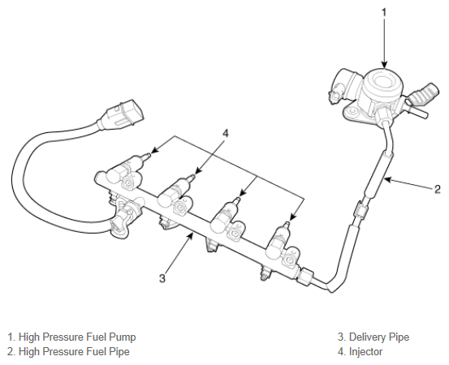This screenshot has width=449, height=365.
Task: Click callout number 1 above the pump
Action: click(x=384, y=13)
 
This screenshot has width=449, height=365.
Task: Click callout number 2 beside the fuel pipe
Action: click(x=438, y=189)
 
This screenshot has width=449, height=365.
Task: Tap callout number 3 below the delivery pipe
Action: click(x=162, y=277)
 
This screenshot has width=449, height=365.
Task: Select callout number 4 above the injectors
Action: click(x=226, y=133)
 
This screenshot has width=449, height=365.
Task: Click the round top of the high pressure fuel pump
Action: click(x=383, y=83)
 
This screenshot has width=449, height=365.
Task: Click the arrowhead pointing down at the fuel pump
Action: click(x=384, y=64)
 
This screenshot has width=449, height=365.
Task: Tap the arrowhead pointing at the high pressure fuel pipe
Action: click(x=388, y=180)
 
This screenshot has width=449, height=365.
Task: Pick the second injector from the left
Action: click(x=177, y=191)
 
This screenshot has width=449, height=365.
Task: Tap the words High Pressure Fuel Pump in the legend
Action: click(x=77, y=337)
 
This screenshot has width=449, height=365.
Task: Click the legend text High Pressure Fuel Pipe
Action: click(x=74, y=352)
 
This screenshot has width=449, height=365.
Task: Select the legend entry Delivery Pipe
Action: click(x=379, y=337)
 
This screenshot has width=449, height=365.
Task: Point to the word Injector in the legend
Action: click(x=365, y=352)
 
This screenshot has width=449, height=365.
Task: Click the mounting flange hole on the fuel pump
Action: click(x=352, y=111)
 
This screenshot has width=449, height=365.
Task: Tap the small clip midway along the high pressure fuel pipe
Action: click(x=360, y=210)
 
